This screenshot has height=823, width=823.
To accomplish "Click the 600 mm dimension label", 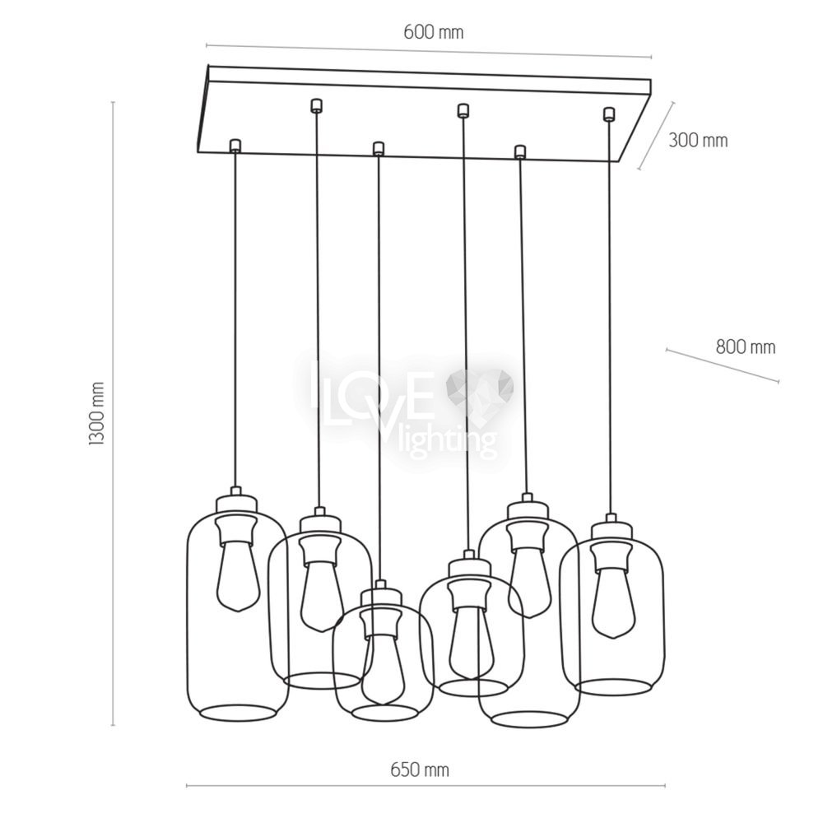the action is (434, 33).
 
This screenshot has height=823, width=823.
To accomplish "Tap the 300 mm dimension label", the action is (698, 141).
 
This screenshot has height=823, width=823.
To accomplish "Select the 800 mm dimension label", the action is (746, 347).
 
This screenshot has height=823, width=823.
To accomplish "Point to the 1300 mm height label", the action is (97, 414).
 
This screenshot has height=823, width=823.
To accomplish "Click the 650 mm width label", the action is (420, 770).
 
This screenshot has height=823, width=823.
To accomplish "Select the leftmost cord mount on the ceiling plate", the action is (235, 146).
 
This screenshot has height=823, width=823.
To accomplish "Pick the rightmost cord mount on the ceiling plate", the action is (609, 114).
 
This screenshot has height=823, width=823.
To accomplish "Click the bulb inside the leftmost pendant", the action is (238, 578).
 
